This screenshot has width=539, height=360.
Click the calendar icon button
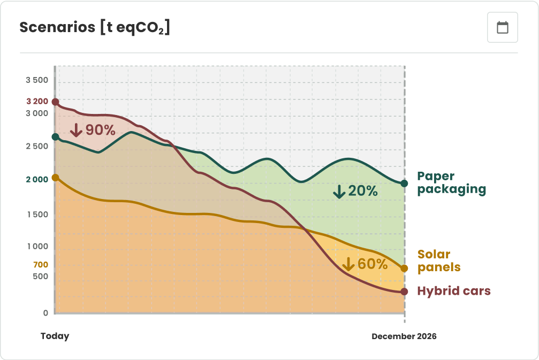coord(502,27)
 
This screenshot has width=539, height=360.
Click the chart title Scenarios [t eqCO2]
coord(95,28)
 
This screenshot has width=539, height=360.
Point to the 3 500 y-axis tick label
coord(37,80)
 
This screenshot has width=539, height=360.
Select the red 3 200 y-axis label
coord(37,101)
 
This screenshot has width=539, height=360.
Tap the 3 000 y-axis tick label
coord(37,113)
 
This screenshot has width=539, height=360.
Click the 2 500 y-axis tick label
coord(37,146)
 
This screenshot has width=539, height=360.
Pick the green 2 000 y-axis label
coord(37,180)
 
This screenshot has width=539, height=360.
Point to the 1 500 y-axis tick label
coord(37,215)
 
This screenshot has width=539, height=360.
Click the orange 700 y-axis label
coord(41,264)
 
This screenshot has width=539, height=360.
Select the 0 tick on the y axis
coord(45,313)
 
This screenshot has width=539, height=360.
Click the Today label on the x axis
coord(55,336)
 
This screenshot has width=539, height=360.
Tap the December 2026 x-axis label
coord(404,336)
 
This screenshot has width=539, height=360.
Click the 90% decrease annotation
coord(93,130)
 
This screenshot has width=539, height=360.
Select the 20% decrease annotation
coord(355,191)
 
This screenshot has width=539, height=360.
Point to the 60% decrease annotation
coord(365,264)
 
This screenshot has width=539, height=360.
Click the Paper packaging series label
coord(451,182)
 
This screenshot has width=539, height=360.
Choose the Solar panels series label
coord(438,261)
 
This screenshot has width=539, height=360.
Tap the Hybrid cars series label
coord(453,291)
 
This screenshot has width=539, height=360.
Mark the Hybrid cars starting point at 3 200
coord(55,102)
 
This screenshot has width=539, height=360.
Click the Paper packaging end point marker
coord(404,183)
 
